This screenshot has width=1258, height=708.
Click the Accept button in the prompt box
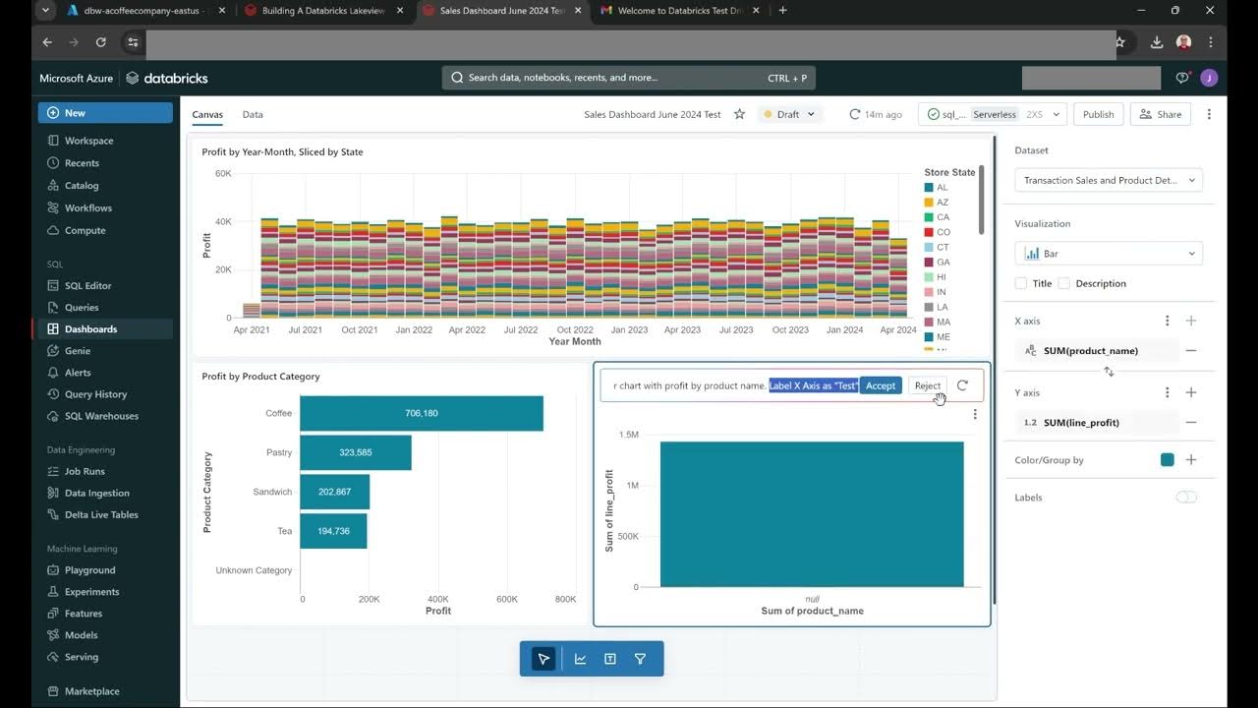coord(880,385)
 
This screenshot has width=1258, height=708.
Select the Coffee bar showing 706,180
coord(421,413)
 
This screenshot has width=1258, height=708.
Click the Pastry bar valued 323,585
coord(355,452)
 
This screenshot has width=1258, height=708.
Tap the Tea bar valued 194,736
coord(333,531)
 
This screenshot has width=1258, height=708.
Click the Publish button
coord(1098,114)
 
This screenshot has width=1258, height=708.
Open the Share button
coord(1160,114)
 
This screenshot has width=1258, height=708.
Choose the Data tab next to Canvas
coord(253,114)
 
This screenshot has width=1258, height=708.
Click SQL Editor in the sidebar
coord(87,285)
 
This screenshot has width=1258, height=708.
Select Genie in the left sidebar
coord(77,351)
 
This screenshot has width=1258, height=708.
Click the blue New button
coord(105,113)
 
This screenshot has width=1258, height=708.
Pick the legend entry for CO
coord(943,232)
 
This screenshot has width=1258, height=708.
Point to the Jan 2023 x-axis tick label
coord(630,330)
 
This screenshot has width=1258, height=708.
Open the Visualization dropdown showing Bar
coord(1108,254)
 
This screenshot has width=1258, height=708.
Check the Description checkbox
coord(1063,283)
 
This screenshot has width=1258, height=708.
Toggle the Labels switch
coord(1186,498)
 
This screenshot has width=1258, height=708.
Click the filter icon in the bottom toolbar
coord(640,659)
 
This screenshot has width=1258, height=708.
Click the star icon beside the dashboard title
coord(739,114)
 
